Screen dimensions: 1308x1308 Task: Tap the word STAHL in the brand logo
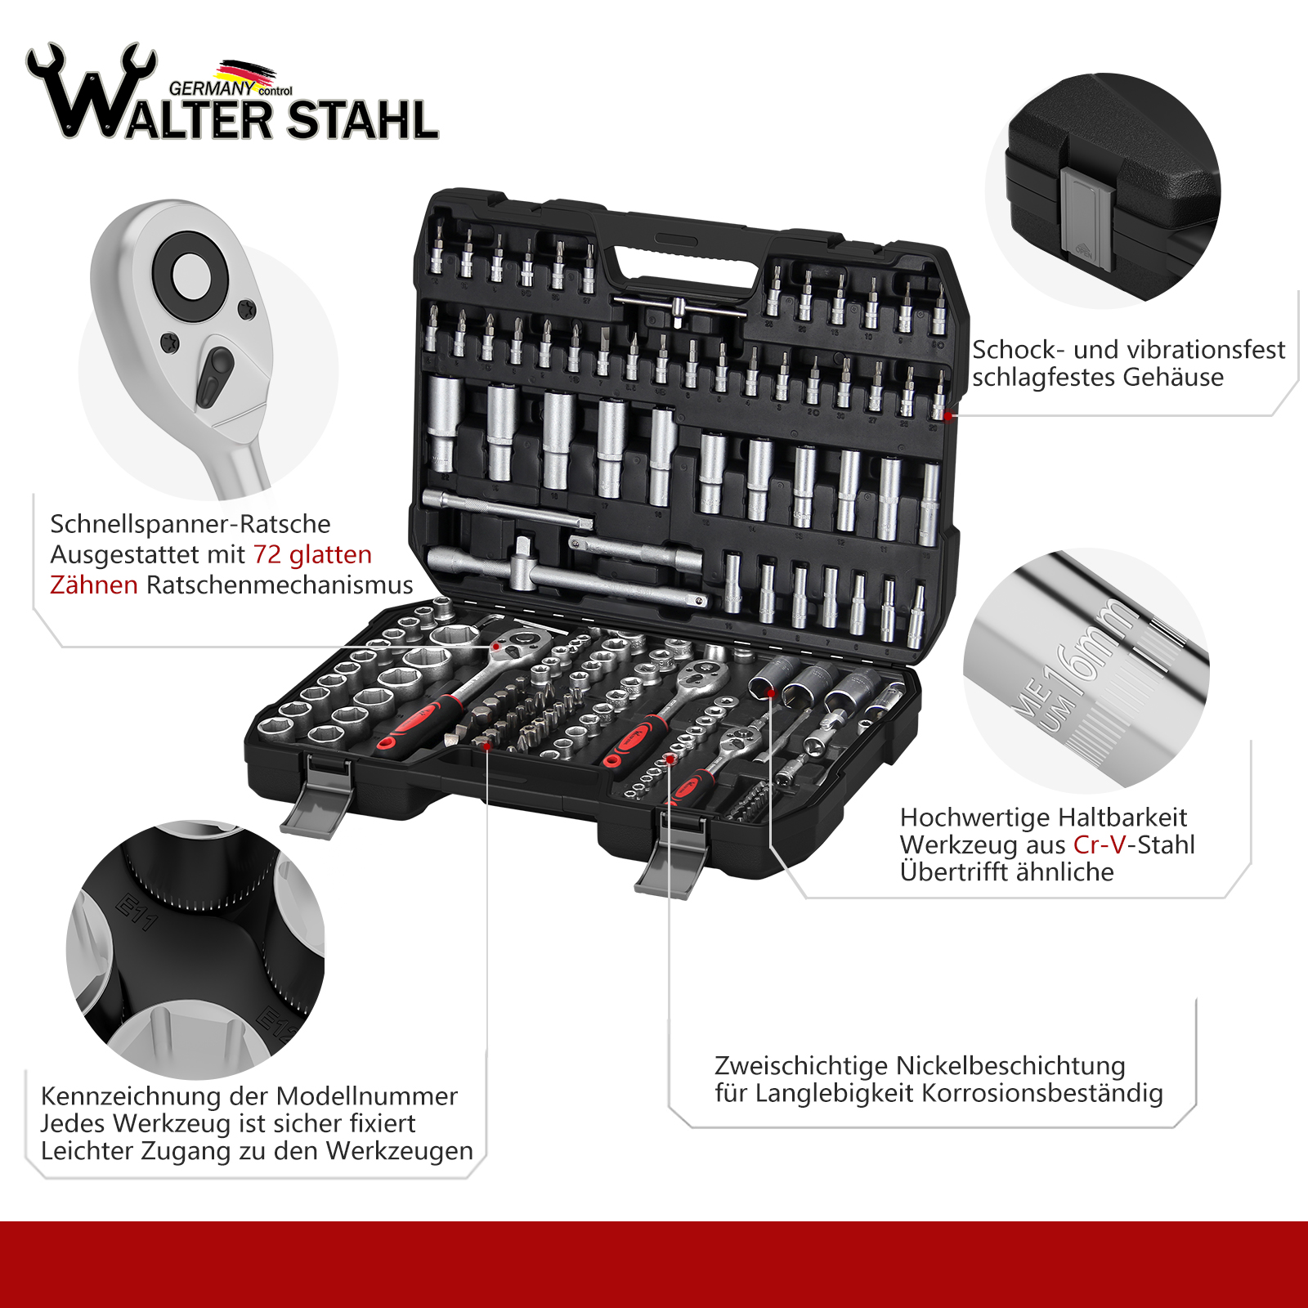(363, 121)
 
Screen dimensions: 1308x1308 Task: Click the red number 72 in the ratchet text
(267, 554)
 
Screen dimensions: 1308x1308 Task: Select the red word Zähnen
(94, 585)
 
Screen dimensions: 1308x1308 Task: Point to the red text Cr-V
(1100, 844)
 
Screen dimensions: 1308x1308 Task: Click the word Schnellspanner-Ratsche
(190, 524)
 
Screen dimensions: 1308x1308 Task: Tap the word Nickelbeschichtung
(1010, 1066)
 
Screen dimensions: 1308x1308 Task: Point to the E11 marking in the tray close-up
(137, 913)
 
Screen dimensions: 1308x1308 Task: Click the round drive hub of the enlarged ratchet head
(190, 270)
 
